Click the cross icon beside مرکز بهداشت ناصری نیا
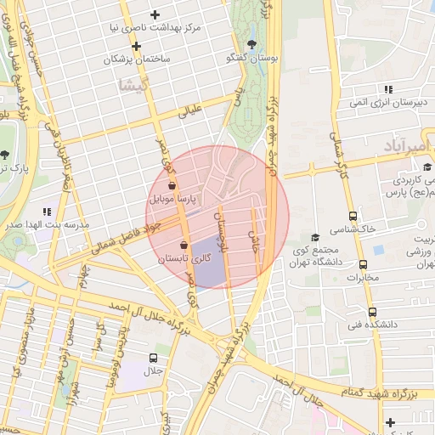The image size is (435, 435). (x=155, y=14)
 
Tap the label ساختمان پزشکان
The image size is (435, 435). (x=137, y=60)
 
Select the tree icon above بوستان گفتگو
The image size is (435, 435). (x=251, y=44)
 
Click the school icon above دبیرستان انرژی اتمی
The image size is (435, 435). (x=388, y=89)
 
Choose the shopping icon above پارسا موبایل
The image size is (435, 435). (x=172, y=184)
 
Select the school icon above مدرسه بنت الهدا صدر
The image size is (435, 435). (x=47, y=212)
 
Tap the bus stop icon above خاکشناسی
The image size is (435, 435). (x=353, y=216)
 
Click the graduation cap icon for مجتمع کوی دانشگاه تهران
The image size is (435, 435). (x=315, y=237)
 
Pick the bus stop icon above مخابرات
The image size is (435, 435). (x=363, y=264)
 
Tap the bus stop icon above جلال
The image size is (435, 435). (x=153, y=358)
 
